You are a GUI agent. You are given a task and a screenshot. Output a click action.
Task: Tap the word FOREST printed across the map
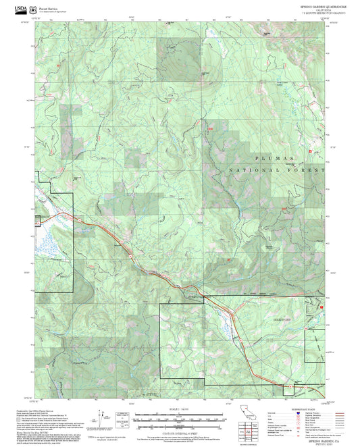[x=304, y=172]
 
